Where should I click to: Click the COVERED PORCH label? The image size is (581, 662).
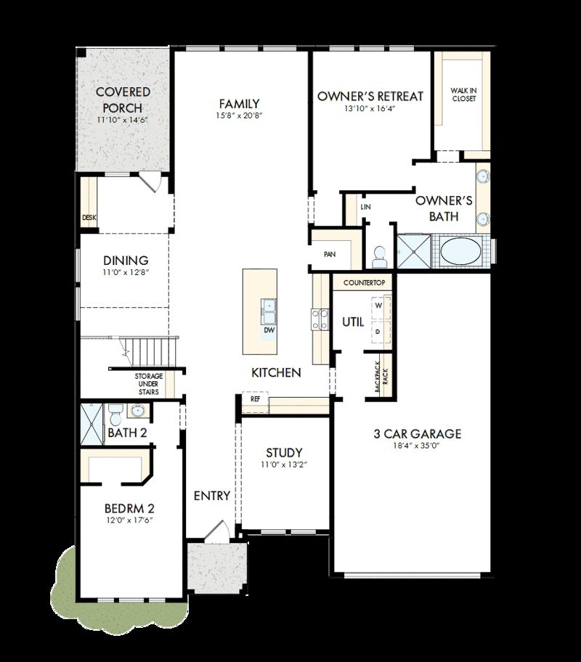123,100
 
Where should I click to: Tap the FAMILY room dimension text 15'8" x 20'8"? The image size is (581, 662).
239,116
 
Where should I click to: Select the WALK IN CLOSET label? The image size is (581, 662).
463,94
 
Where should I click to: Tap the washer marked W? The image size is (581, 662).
378,306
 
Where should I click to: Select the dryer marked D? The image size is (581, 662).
378,331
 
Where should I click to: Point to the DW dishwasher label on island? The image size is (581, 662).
269,330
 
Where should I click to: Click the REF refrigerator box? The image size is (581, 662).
256,399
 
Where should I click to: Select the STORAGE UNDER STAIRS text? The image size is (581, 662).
148,384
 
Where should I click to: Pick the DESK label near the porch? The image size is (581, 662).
89,217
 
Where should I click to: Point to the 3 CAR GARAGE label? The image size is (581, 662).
417,434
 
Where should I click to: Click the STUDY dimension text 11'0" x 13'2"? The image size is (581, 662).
284,465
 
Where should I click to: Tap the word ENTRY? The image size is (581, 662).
212,496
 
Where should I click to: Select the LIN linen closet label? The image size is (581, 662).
366,208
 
